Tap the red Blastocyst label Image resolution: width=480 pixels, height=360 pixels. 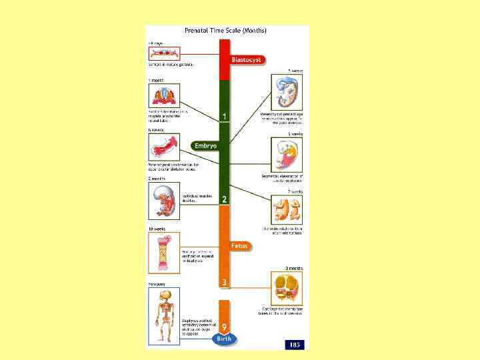point(247,60)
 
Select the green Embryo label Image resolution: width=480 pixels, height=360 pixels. point(205,146)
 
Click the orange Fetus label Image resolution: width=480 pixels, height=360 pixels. point(239,246)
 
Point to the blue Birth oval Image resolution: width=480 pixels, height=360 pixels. point(225,339)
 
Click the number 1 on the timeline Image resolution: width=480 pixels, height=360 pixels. point(225,117)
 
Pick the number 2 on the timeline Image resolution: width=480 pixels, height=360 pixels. point(225,199)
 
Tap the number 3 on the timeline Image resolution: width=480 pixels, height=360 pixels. point(225,283)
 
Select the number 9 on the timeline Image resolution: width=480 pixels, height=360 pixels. point(225,327)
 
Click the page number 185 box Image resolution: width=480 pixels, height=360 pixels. point(295,344)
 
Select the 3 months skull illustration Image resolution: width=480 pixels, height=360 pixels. point(288,289)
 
